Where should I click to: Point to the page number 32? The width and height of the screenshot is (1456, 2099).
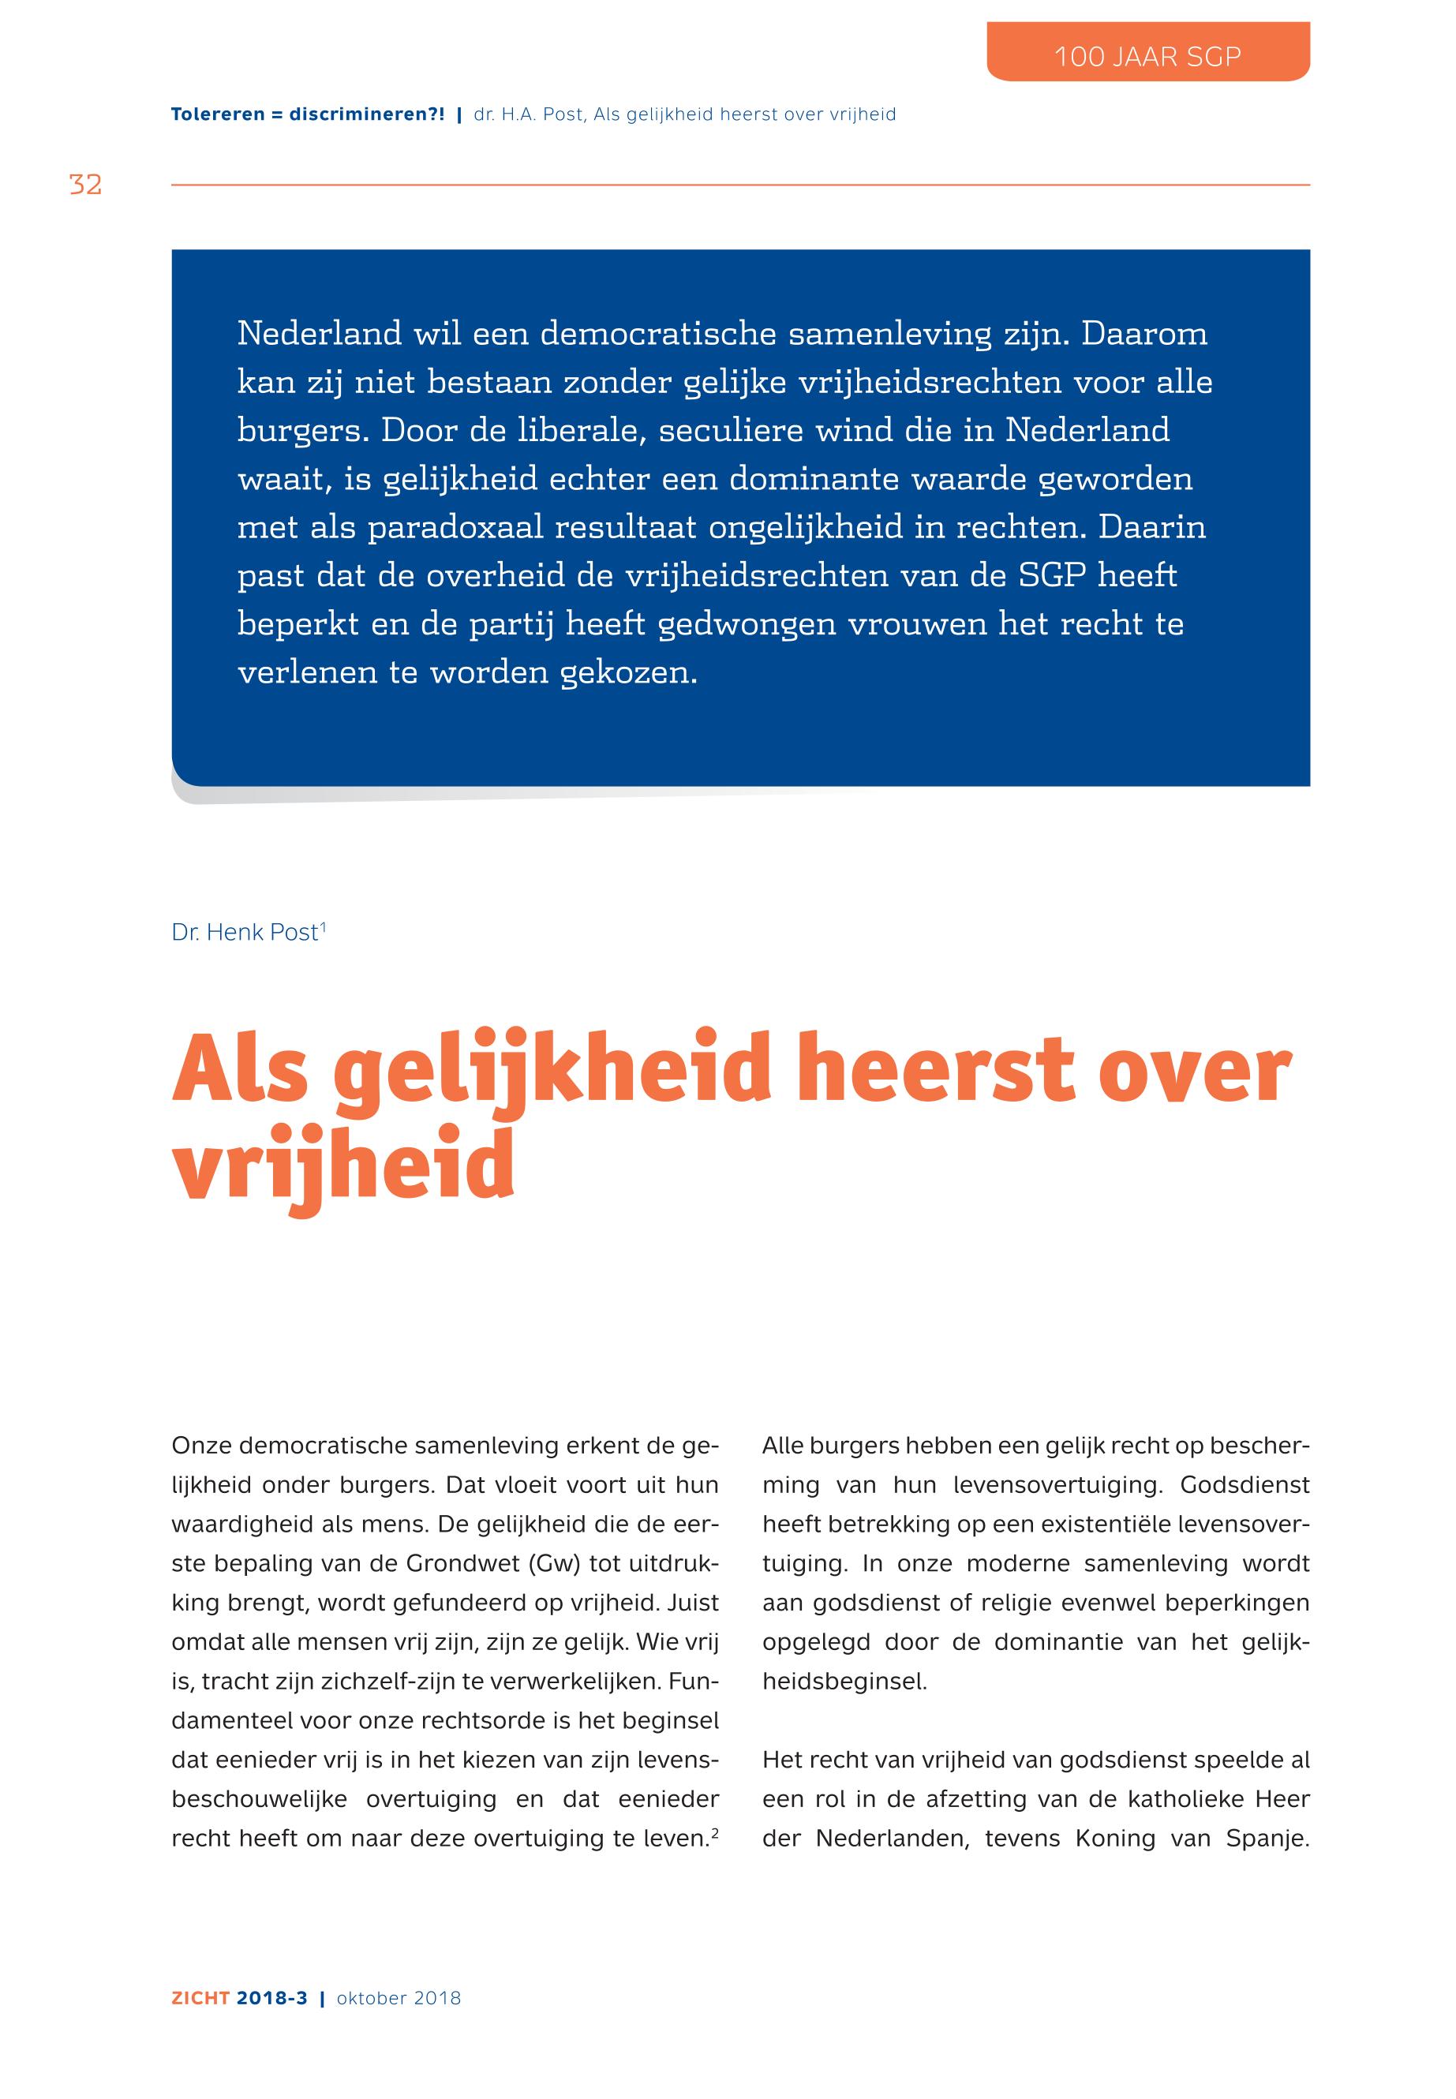coord(86,185)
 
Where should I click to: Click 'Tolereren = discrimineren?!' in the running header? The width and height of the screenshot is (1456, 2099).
coord(308,114)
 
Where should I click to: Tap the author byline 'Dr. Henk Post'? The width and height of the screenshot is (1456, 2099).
coord(245,932)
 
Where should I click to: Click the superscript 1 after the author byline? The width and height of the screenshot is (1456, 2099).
coord(323,926)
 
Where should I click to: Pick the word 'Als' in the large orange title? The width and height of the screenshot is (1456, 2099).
coord(240,1069)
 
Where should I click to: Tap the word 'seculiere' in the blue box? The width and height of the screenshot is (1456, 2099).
coord(730,431)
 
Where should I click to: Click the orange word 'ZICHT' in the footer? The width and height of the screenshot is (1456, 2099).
coord(200,1999)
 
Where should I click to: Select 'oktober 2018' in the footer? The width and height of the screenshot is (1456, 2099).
coord(399,1999)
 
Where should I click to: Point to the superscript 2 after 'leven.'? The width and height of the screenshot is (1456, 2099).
coord(714,1831)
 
